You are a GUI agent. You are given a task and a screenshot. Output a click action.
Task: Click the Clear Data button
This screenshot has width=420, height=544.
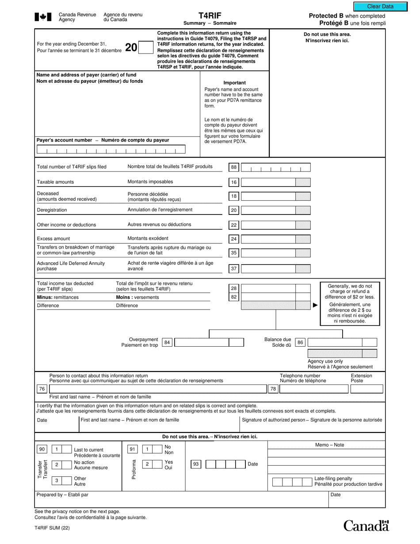[x=380, y=7]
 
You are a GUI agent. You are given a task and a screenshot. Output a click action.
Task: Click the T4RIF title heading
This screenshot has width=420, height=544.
[x=210, y=15]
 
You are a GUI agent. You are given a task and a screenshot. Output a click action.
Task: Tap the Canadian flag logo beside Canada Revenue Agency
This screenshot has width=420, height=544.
[x=43, y=17]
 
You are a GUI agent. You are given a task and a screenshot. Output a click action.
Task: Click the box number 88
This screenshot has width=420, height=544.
[x=234, y=168]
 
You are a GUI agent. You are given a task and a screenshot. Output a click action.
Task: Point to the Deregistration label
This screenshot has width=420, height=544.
[x=52, y=210]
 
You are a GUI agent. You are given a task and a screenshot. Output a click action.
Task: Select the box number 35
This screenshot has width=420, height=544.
[x=234, y=253]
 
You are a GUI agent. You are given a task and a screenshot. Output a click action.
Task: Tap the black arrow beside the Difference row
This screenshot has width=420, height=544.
[x=315, y=305]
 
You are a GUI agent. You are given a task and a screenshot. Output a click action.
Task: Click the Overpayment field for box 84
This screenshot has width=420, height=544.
[x=201, y=342]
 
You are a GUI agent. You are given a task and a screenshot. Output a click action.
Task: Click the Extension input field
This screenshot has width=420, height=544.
[x=367, y=389]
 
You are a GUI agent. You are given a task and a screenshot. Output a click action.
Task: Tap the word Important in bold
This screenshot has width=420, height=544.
[x=235, y=83]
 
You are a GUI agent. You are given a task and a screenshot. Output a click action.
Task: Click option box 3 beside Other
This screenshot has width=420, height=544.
[x=57, y=481]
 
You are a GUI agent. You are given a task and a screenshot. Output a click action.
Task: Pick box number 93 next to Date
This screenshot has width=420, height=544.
[x=195, y=464]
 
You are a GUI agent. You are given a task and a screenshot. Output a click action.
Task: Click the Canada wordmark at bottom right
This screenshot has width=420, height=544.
[x=367, y=525]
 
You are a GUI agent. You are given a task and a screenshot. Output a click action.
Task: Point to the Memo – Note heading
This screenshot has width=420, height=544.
[x=329, y=445]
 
